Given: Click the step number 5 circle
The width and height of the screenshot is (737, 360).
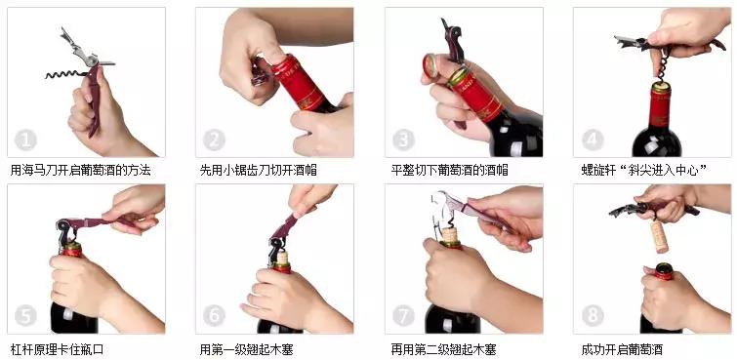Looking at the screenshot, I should click(x=27, y=315).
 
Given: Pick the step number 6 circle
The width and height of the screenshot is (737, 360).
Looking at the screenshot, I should click(x=214, y=315).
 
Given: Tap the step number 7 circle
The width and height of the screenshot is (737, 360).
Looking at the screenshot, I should click(x=403, y=315).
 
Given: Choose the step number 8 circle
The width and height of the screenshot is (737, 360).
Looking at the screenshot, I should click(x=593, y=315).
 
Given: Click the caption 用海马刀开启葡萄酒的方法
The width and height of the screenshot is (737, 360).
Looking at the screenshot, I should click(x=80, y=170).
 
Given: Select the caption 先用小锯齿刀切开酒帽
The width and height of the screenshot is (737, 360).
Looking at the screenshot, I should click(x=258, y=170).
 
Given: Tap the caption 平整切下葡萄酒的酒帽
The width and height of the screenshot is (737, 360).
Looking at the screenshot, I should click(x=447, y=170).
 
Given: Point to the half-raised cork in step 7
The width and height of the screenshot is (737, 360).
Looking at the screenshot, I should click(x=450, y=234).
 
